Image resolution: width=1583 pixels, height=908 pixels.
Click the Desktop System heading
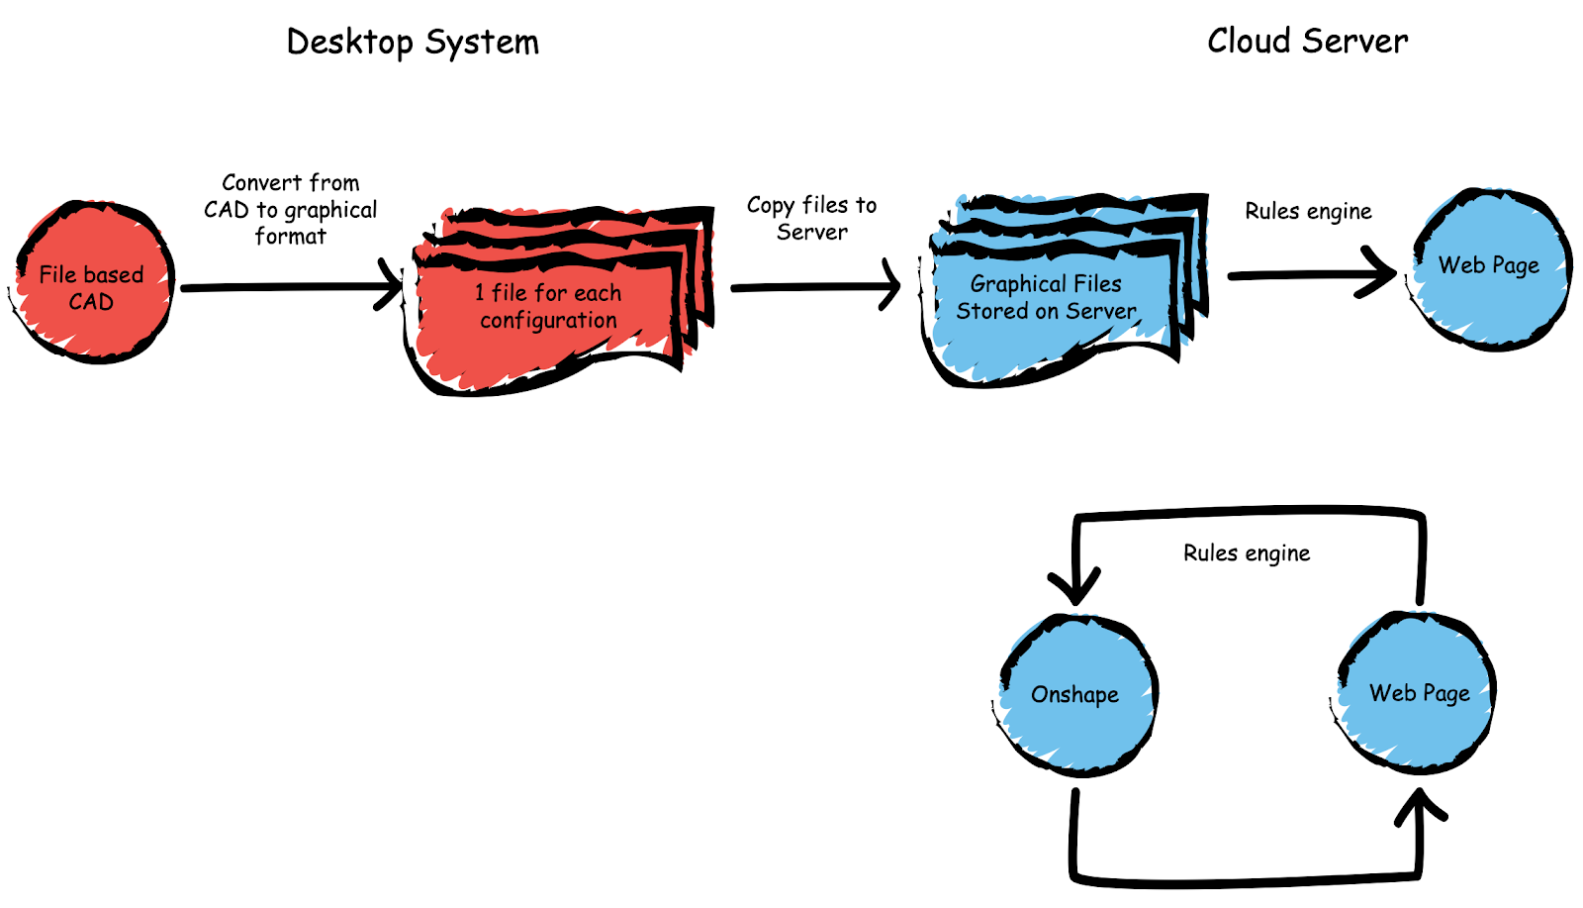[x=413, y=42]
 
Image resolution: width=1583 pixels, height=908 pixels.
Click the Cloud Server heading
[x=1307, y=41]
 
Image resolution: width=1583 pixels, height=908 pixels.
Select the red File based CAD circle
[x=94, y=282]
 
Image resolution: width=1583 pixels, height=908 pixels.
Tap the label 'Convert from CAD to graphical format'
[x=290, y=209]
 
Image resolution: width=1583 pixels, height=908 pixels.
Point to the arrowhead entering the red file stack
[x=393, y=286]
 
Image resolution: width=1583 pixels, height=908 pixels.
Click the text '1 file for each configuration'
[x=548, y=306]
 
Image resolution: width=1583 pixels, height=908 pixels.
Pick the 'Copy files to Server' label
[x=811, y=218]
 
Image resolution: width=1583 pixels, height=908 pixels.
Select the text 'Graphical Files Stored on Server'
[x=1046, y=297]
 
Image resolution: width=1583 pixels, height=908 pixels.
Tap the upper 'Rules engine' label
[x=1308, y=211]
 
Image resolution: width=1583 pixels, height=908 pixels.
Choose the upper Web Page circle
[x=1490, y=267]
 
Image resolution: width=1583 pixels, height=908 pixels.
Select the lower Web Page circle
[x=1419, y=692]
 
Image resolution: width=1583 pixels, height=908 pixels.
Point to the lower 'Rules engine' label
[x=1247, y=553]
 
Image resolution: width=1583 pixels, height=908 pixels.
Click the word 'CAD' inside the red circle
[x=91, y=302]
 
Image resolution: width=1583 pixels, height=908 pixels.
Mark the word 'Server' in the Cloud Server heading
[x=1354, y=41]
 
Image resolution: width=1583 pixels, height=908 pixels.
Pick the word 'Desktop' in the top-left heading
[x=349, y=43]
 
